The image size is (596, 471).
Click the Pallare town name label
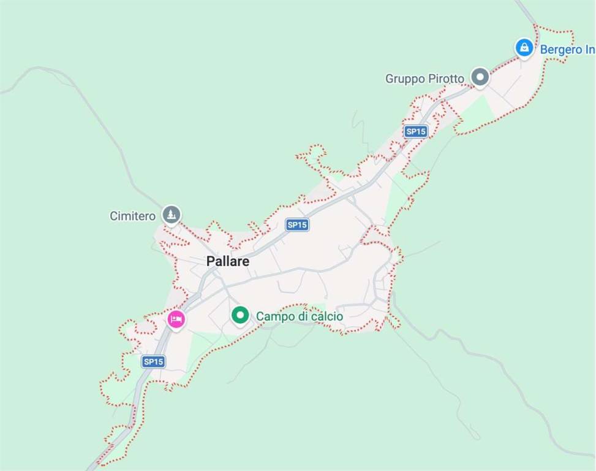228,261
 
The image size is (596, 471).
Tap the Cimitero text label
132,216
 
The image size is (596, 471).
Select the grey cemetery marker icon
172,215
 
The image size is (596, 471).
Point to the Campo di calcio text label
300,316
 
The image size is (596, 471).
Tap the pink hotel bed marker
176,319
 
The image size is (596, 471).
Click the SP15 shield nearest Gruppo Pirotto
415,131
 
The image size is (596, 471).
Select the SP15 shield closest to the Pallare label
297,225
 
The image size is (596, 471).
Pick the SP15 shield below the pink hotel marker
153,362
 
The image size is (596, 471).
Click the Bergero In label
567,50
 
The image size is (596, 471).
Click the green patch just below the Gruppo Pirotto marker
477,114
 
